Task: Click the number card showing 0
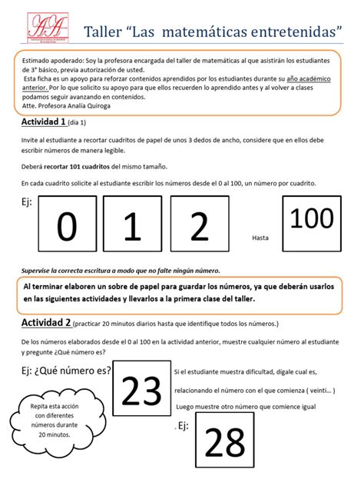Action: pyautogui.click(x=68, y=228)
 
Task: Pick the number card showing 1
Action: pyautogui.click(x=133, y=228)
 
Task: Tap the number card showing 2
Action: pyautogui.click(x=199, y=228)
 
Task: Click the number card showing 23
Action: pyautogui.click(x=141, y=392)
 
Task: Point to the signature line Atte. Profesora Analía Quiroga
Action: pyautogui.click(x=66, y=105)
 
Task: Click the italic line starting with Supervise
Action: pyautogui.click(x=120, y=270)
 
